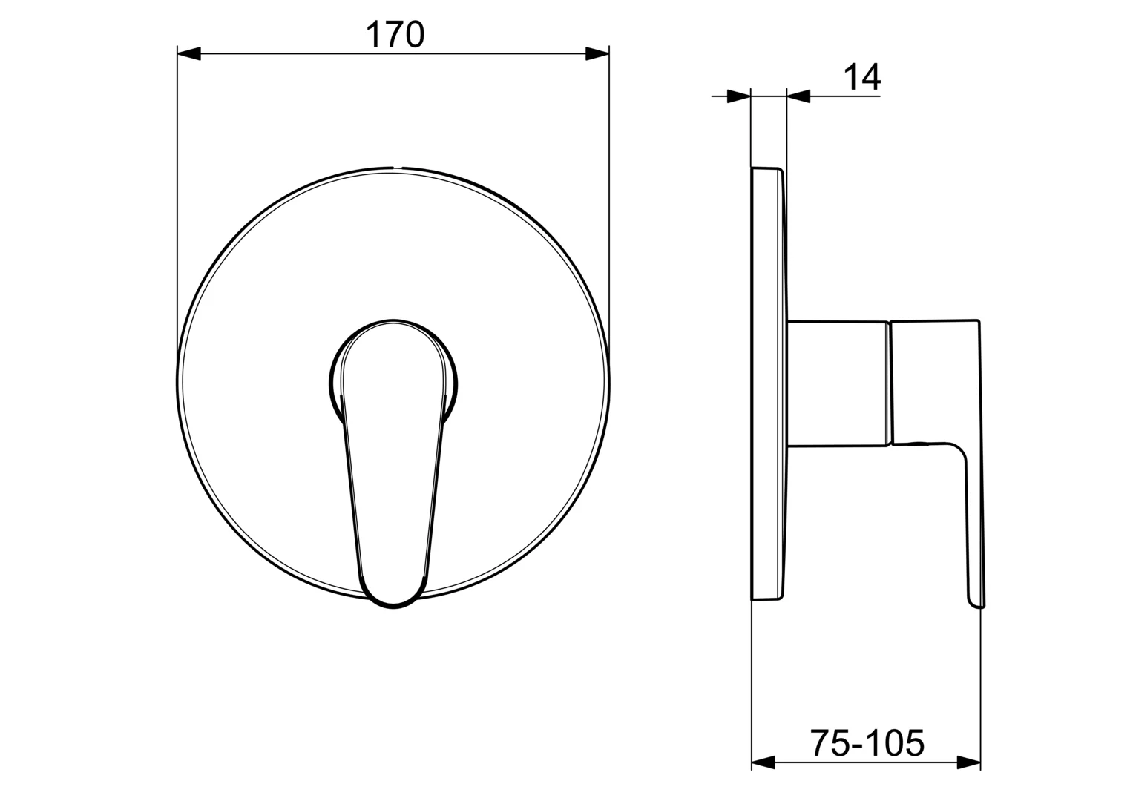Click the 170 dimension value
click(x=395, y=35)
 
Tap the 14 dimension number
click(x=861, y=77)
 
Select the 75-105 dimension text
click(x=866, y=742)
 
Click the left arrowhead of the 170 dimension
click(x=189, y=53)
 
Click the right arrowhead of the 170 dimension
click(x=597, y=53)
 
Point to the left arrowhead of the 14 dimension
click(x=739, y=96)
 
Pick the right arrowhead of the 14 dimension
click(x=798, y=96)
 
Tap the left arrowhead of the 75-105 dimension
click(x=763, y=762)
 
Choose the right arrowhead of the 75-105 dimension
click(x=969, y=762)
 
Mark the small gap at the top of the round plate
click(x=396, y=168)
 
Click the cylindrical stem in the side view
click(x=837, y=384)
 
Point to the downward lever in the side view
click(x=975, y=519)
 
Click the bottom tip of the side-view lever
click(x=976, y=604)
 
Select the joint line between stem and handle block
click(x=890, y=384)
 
